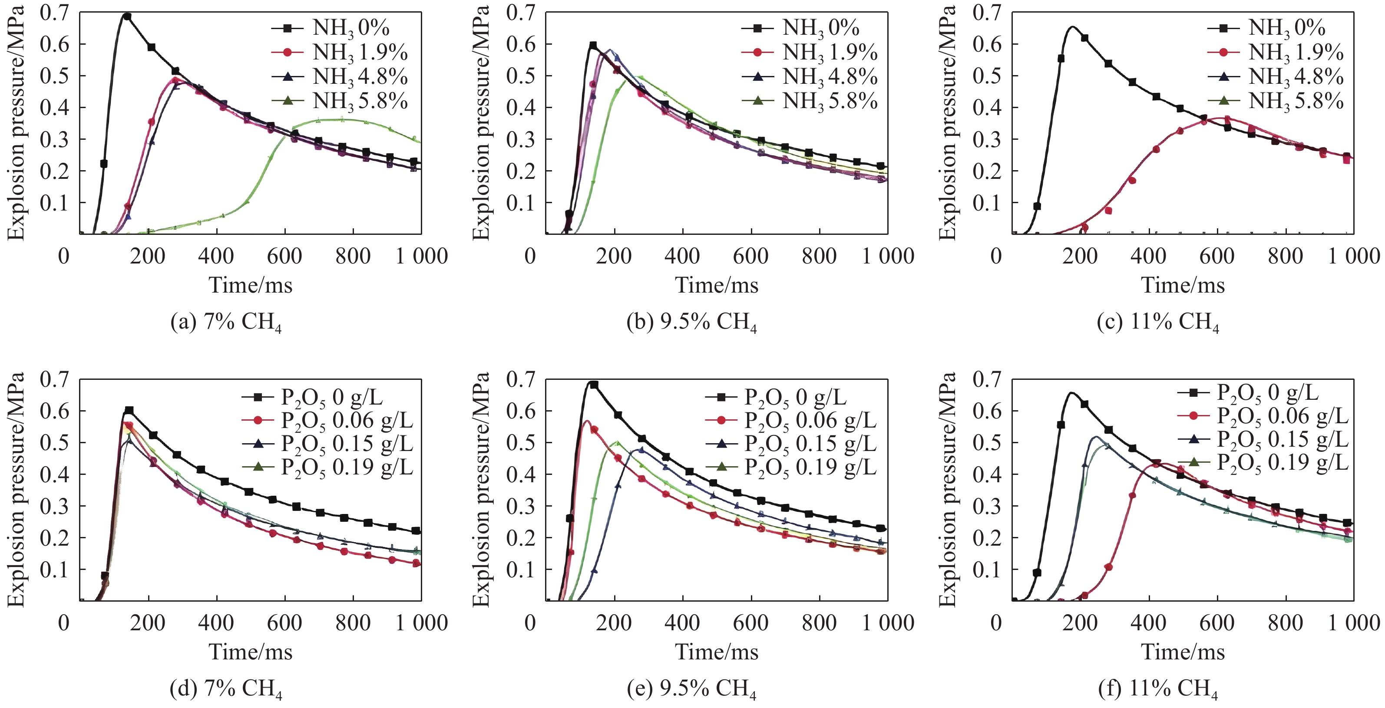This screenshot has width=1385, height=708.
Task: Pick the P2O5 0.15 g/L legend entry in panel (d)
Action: click(328, 444)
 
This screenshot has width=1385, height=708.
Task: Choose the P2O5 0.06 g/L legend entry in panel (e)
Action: click(791, 420)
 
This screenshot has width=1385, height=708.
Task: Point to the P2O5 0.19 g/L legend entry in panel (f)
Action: click(1263, 462)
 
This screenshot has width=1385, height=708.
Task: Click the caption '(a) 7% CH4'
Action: click(226, 322)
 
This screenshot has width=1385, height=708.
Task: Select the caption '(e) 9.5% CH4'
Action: click(692, 688)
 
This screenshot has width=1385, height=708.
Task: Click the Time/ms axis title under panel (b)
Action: click(717, 285)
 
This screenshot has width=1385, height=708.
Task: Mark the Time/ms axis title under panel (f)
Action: click(1183, 652)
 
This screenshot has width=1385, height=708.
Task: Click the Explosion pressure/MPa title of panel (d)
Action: click(16, 489)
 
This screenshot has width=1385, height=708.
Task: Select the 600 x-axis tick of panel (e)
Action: click(750, 622)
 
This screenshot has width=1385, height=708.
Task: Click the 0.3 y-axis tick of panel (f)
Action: click(987, 506)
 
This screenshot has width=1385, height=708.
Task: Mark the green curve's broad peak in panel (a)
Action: click(344, 119)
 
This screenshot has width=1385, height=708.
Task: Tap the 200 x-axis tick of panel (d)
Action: click(147, 622)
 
